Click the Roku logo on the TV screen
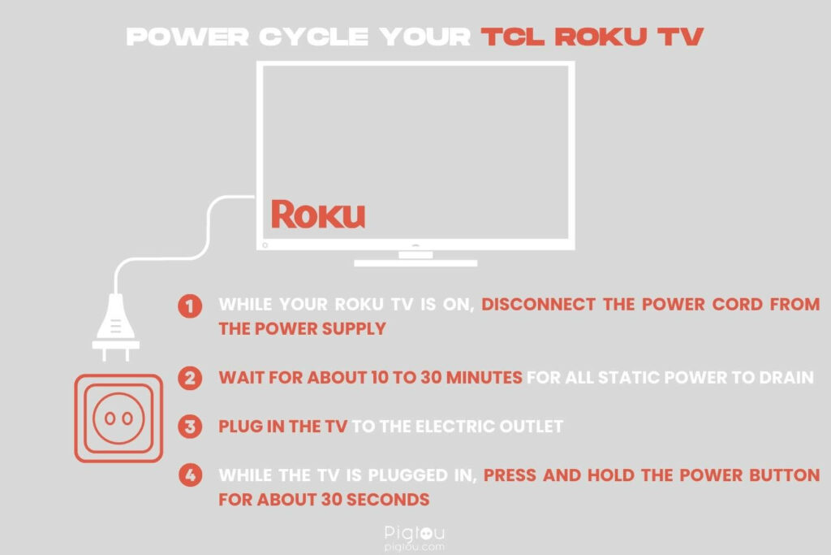317,214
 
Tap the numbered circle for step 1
190,306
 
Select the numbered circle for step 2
190,378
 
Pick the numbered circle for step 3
190,427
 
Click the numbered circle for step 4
190,475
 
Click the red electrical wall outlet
118,418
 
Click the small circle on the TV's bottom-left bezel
265,244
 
